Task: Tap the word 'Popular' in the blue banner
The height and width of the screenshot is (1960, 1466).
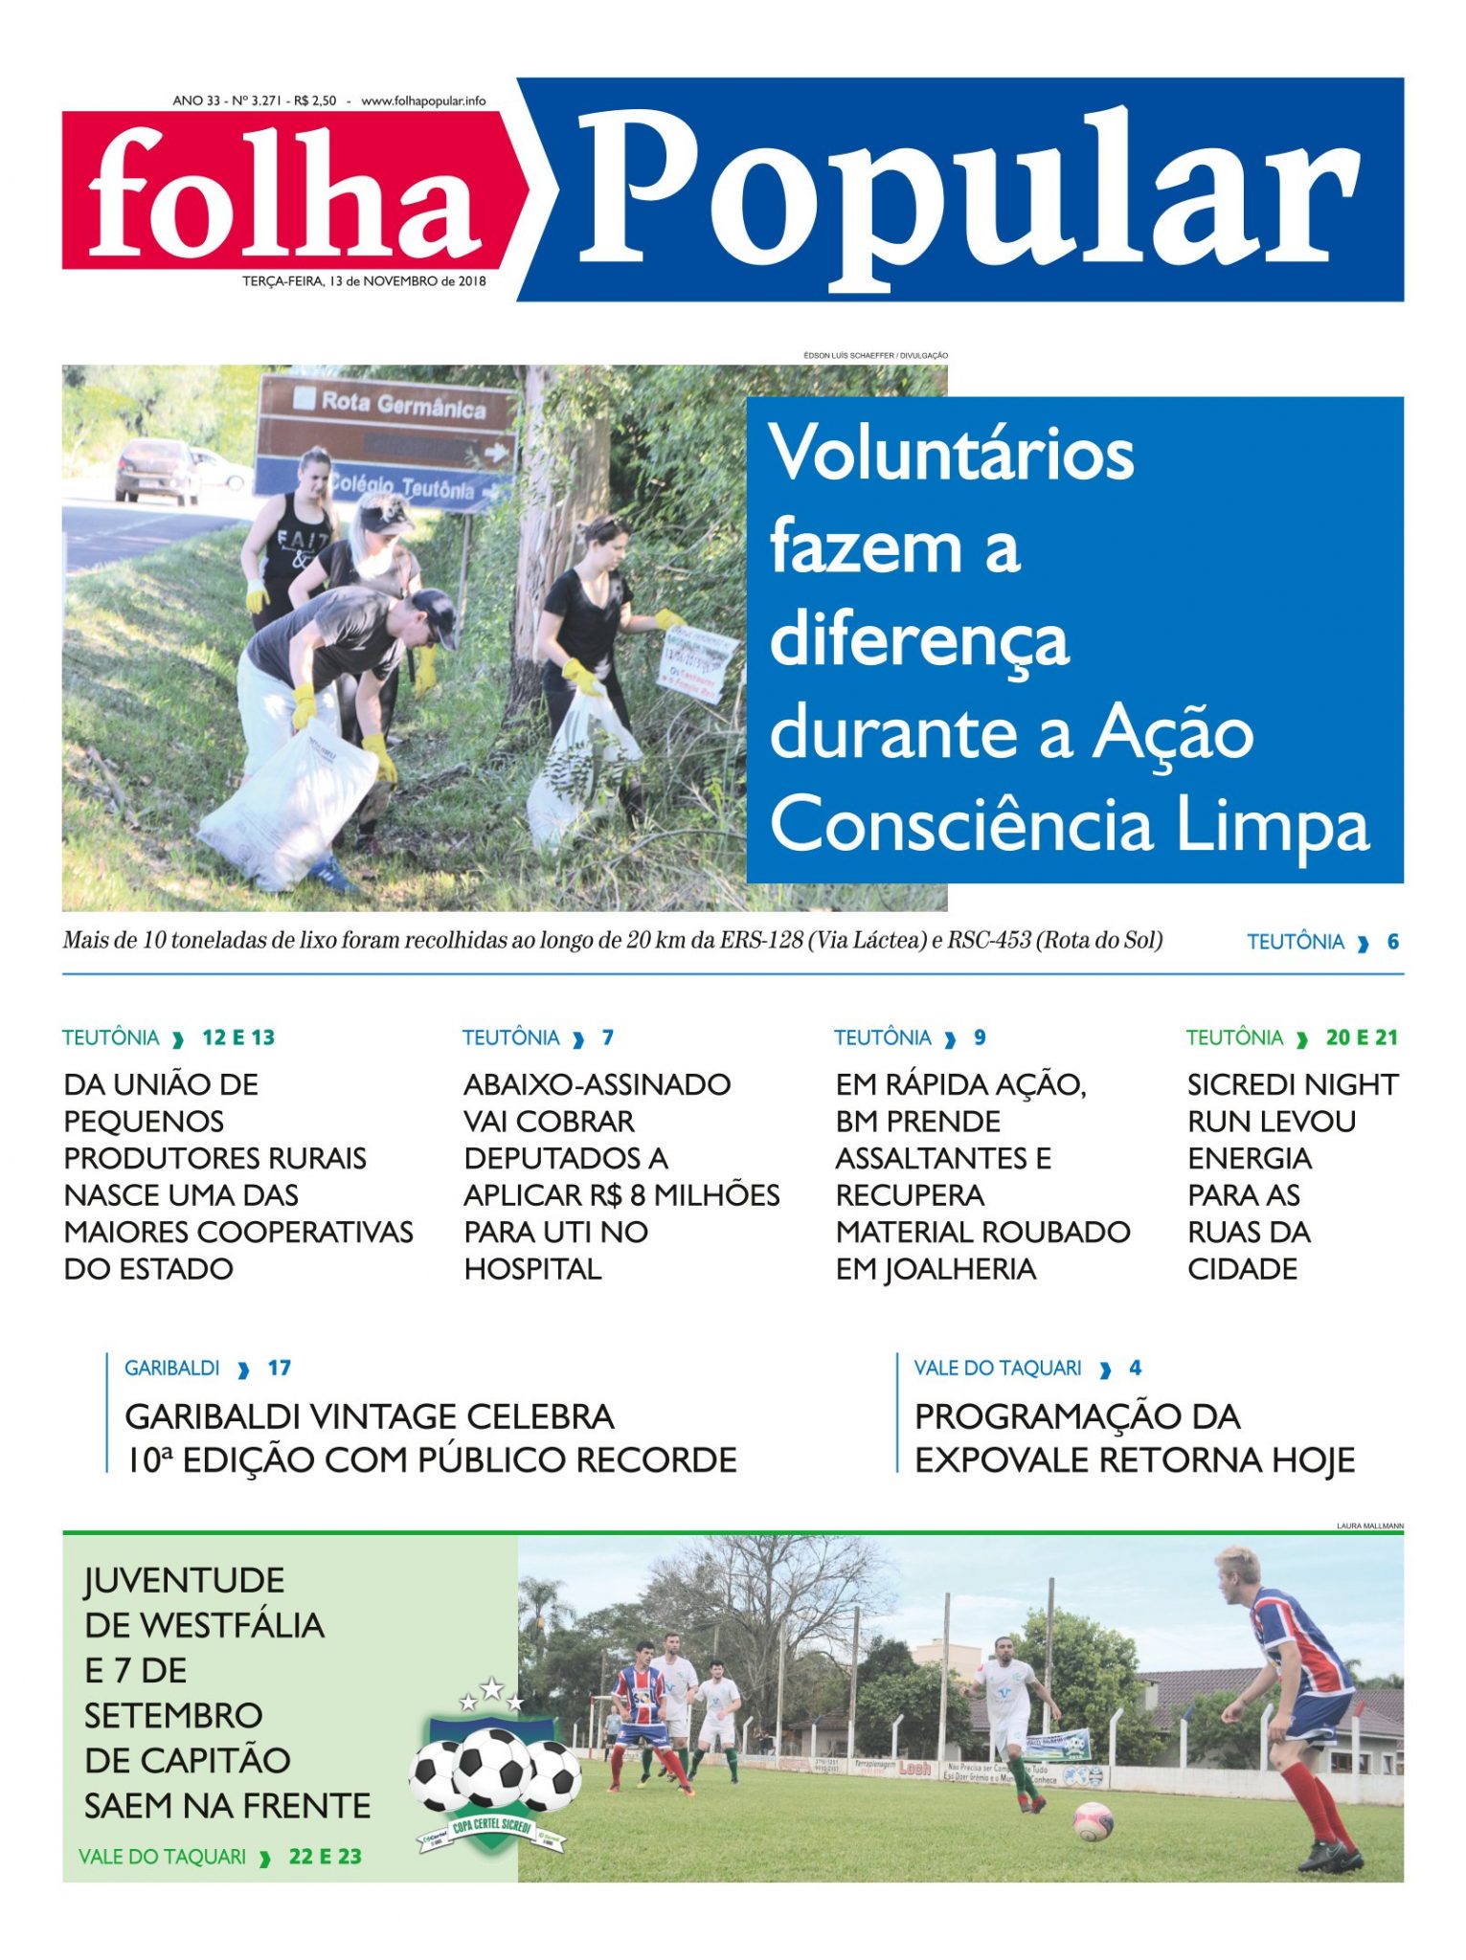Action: (x=967, y=191)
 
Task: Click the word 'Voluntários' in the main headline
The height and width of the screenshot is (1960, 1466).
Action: (x=952, y=453)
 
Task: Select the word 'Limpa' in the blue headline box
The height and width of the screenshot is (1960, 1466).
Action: (x=1273, y=824)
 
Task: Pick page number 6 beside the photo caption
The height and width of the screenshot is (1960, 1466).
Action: (x=1392, y=942)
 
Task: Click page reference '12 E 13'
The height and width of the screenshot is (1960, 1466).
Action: (x=238, y=1037)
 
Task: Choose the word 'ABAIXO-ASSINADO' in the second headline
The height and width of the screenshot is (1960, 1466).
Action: (x=597, y=1084)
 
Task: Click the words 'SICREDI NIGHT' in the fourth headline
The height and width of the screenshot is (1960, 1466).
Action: (x=1292, y=1084)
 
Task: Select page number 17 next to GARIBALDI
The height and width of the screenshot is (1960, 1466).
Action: (x=279, y=1368)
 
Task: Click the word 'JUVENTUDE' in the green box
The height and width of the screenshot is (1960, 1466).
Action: (x=184, y=1580)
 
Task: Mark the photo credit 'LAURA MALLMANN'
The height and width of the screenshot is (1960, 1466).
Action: (x=1369, y=1526)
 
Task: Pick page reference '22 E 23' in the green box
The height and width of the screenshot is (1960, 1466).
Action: (x=325, y=1857)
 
